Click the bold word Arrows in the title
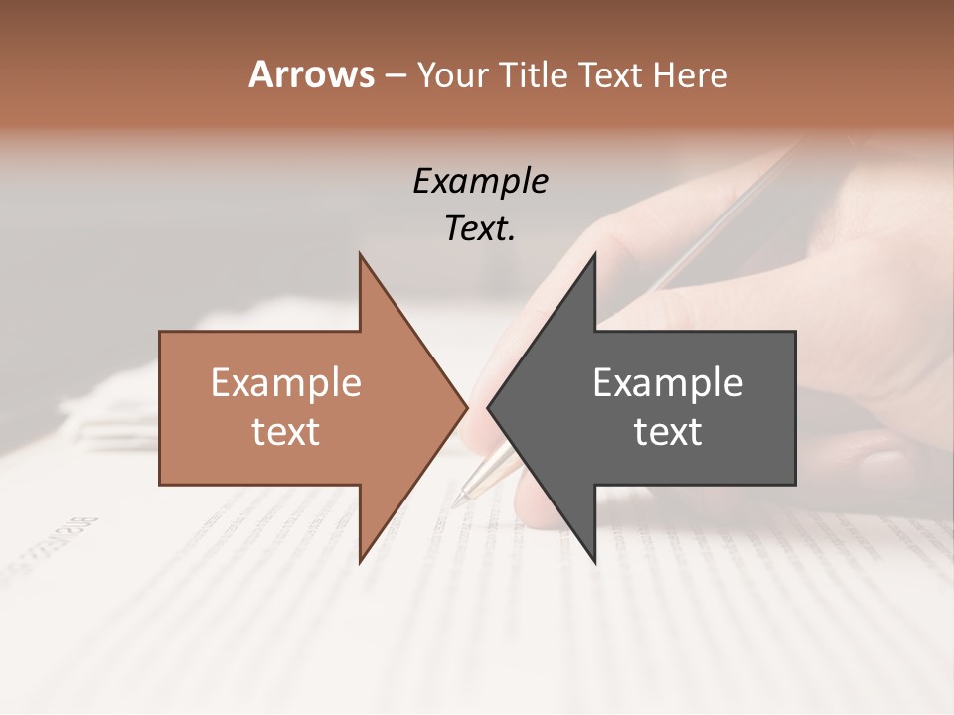pyautogui.click(x=311, y=74)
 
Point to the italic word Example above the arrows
pyautogui.click(x=480, y=182)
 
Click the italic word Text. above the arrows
pyautogui.click(x=480, y=229)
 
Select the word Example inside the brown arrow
pyautogui.click(x=285, y=383)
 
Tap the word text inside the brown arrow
pyautogui.click(x=285, y=431)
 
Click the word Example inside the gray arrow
pyautogui.click(x=668, y=383)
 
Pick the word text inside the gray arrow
pyautogui.click(x=668, y=431)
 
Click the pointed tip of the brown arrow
pyautogui.click(x=466, y=407)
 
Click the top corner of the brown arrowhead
pyautogui.click(x=361, y=255)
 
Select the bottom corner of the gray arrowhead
pyautogui.click(x=594, y=561)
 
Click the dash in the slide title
pyautogui.click(x=395, y=75)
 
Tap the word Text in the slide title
pyautogui.click(x=609, y=75)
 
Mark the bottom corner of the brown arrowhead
pyautogui.click(x=361, y=561)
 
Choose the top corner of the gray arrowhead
pyautogui.click(x=594, y=255)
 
